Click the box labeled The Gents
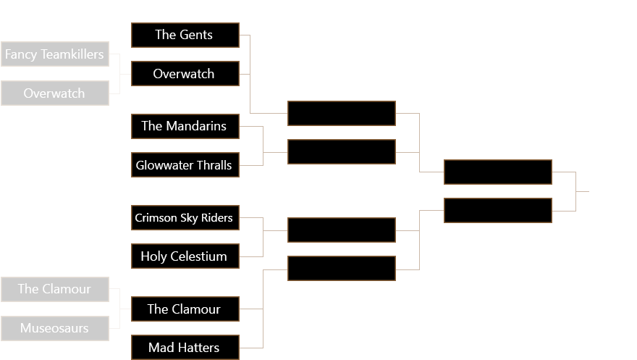[x=185, y=35]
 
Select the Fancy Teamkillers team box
[x=55, y=54]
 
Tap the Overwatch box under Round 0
[x=55, y=93]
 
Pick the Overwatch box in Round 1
[x=185, y=74]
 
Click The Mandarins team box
[x=185, y=126]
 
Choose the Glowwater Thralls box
[x=185, y=165]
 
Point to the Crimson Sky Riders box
[x=185, y=217]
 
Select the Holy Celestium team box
[x=185, y=256]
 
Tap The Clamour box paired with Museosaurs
[x=55, y=289]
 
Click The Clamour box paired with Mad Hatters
[x=185, y=309]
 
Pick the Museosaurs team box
[x=55, y=328]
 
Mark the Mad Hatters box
[x=185, y=348]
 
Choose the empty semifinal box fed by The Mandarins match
[x=342, y=152]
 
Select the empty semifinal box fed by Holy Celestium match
[x=342, y=230]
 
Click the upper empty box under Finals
[x=498, y=172]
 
